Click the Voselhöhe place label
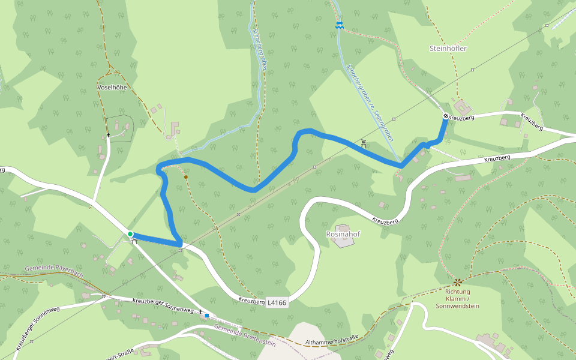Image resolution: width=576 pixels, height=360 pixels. (112, 87)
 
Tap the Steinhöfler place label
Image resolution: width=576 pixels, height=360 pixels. (448, 48)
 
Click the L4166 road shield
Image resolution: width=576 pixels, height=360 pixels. (277, 303)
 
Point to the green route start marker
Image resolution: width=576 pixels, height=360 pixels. (130, 233)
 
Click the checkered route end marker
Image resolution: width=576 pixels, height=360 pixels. (446, 116)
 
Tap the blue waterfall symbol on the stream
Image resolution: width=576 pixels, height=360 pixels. (340, 25)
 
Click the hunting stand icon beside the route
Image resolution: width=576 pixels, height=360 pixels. (364, 144)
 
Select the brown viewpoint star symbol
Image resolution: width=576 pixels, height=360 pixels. (458, 281)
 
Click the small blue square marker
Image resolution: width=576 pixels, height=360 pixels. (207, 315)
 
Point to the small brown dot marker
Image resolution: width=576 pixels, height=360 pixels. (186, 177)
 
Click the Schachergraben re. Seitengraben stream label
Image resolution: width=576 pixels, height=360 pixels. (370, 101)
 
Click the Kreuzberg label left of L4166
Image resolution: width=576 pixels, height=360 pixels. (251, 301)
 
